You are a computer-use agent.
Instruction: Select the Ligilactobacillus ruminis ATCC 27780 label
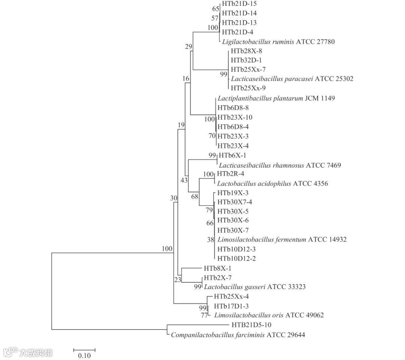click(278, 42)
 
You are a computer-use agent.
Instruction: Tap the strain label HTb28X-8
click(247, 51)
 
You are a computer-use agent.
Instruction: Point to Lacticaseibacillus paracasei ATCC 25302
click(292, 79)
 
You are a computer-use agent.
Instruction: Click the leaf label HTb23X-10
click(235, 117)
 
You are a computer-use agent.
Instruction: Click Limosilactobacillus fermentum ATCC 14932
click(282, 239)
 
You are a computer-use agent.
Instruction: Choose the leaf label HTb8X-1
click(218, 268)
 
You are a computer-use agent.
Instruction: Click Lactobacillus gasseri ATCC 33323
click(255, 287)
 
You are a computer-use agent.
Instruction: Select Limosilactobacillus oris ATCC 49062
click(269, 315)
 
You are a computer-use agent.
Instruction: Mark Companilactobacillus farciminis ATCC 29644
click(238, 335)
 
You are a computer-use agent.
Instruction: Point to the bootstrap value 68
click(194, 196)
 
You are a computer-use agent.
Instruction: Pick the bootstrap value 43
click(184, 181)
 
